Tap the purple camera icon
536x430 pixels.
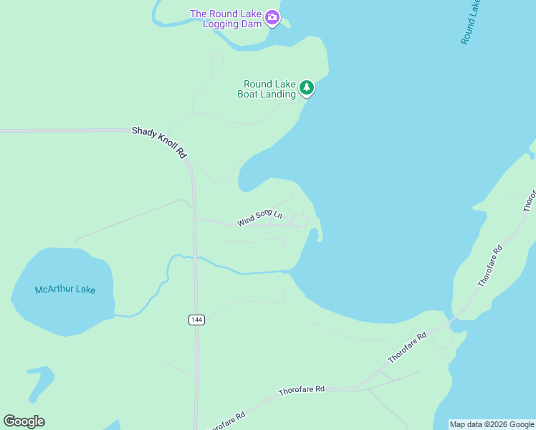point(272,17)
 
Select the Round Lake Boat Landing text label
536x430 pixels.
point(269,89)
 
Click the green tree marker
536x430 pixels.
point(307,87)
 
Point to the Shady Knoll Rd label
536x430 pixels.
point(159,142)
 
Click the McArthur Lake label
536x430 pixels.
point(64,290)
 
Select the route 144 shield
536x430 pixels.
point(197,320)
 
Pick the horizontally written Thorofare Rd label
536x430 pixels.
point(301,389)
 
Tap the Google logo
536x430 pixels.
point(24,421)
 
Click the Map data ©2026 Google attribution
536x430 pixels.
point(492,424)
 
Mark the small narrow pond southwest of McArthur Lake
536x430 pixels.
point(39,383)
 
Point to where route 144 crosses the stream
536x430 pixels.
point(195,258)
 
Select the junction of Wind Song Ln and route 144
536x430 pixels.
point(195,217)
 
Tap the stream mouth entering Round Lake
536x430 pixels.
point(287,271)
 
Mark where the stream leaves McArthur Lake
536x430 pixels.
point(117,315)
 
